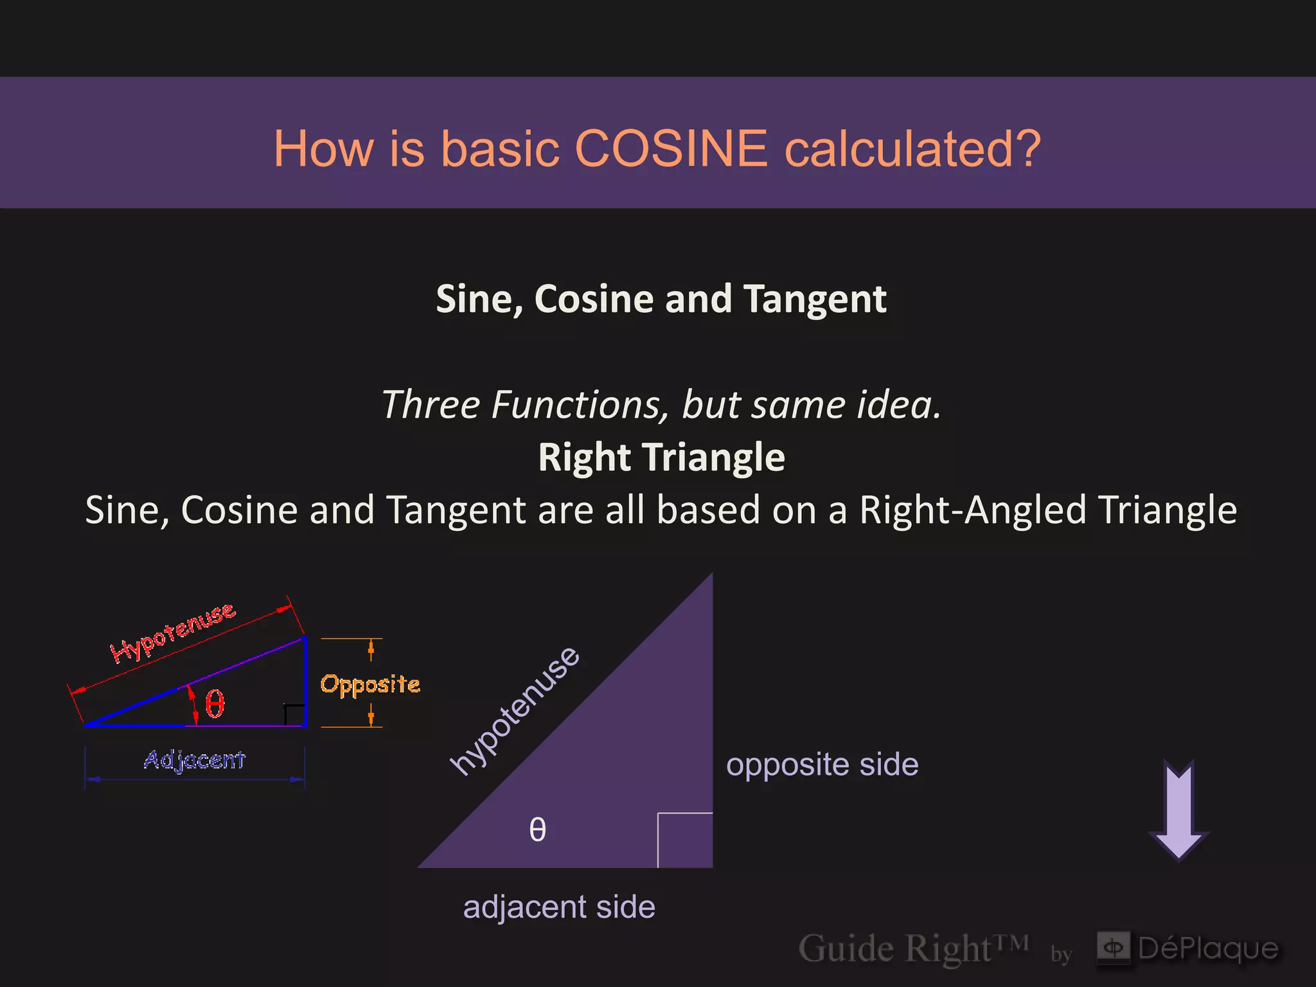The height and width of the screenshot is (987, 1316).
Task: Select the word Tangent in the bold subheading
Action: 815,299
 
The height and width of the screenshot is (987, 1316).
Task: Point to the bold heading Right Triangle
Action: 661,458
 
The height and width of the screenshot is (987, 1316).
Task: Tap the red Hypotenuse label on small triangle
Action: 173,633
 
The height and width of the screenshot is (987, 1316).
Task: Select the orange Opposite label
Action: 370,684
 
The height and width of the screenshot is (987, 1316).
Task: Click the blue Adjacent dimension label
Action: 194,760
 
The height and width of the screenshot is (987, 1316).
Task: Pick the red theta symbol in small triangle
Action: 215,704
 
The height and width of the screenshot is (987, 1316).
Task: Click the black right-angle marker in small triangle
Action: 294,714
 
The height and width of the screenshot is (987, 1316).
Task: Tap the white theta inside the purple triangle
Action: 537,830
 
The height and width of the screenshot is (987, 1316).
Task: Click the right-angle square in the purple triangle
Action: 685,840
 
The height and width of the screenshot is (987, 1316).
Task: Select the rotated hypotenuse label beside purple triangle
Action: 515,711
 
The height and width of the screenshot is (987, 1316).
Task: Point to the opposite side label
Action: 822,765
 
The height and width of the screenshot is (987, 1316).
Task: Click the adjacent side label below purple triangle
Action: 559,907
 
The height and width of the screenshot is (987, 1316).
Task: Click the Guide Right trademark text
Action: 912,948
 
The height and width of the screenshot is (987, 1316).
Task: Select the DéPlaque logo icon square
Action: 1114,947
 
